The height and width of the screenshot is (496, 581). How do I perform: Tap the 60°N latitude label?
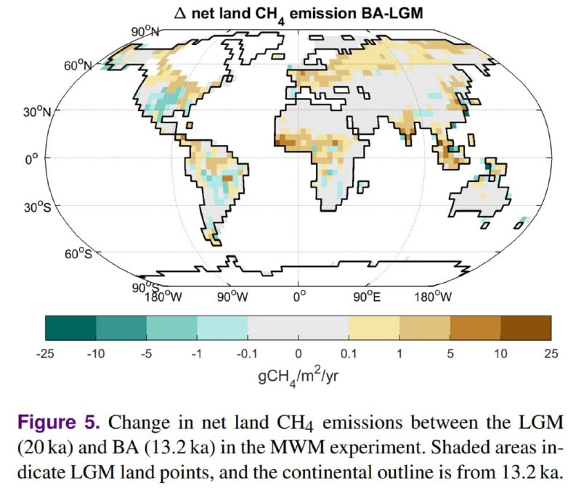tap(78, 65)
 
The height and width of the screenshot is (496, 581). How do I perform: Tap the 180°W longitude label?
tap(161, 296)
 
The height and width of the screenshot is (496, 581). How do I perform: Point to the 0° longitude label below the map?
tap(298, 296)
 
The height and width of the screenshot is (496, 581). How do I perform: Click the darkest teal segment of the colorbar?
tap(70, 327)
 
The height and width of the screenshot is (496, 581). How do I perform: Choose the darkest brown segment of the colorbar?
tap(525, 327)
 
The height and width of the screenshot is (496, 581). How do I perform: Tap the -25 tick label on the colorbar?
tap(46, 353)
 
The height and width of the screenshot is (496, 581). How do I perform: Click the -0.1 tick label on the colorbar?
tap(247, 353)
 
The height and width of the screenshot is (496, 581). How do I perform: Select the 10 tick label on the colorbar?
tap(500, 353)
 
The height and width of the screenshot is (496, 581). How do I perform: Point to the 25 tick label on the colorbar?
tap(550, 353)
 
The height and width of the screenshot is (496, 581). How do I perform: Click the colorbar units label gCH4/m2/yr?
tap(298, 376)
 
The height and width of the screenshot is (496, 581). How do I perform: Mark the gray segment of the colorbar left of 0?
tap(272, 327)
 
